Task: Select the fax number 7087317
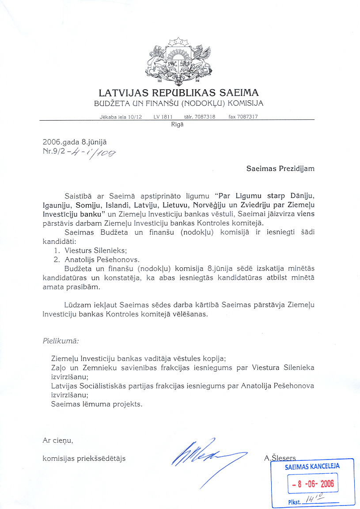[x=248, y=117]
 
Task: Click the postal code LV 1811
[x=163, y=117]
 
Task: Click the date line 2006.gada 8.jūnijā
[x=75, y=142]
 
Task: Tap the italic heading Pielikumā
[x=61, y=341]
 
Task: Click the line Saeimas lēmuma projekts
[x=97, y=403]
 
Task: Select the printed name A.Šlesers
[x=280, y=458]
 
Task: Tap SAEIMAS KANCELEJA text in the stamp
[x=312, y=467]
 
